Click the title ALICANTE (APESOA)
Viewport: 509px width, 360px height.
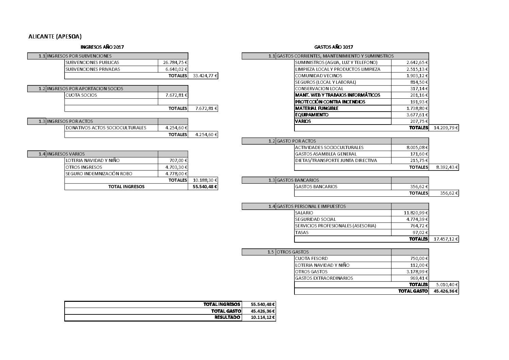(x=55, y=36)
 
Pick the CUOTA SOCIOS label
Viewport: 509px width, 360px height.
(x=81, y=95)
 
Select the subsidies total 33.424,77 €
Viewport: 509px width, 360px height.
(x=205, y=76)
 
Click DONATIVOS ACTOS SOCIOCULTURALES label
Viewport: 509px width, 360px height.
(x=106, y=128)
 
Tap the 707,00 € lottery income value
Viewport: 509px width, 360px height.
(x=179, y=161)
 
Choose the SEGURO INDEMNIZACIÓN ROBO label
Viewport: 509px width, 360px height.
(x=99, y=174)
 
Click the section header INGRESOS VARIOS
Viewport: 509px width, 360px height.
(x=66, y=154)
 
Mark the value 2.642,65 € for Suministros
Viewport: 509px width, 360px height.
(x=417, y=63)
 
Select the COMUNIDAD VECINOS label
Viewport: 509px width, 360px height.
(x=319, y=76)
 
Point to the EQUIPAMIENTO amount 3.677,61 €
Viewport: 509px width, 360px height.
(x=417, y=115)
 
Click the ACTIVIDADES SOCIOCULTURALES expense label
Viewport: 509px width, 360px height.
(x=329, y=147)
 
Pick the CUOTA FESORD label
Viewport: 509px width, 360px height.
(x=311, y=258)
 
